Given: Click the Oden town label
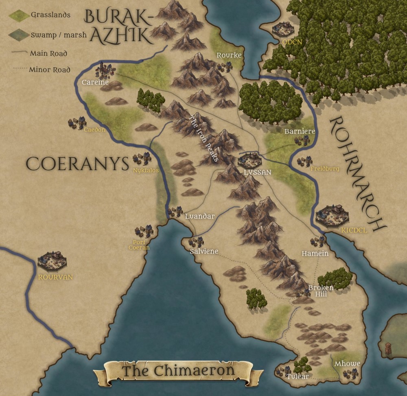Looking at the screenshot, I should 284,42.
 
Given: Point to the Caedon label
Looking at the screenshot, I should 94,130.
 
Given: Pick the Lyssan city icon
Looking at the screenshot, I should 249,160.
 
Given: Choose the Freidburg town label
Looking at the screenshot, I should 324,168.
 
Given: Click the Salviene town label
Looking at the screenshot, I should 204,252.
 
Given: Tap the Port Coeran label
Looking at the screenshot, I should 139,244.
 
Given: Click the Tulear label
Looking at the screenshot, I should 297,376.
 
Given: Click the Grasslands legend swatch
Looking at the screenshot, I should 19,15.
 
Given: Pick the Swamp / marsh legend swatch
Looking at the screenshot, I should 19,35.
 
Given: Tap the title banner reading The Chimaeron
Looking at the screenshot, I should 178,371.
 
